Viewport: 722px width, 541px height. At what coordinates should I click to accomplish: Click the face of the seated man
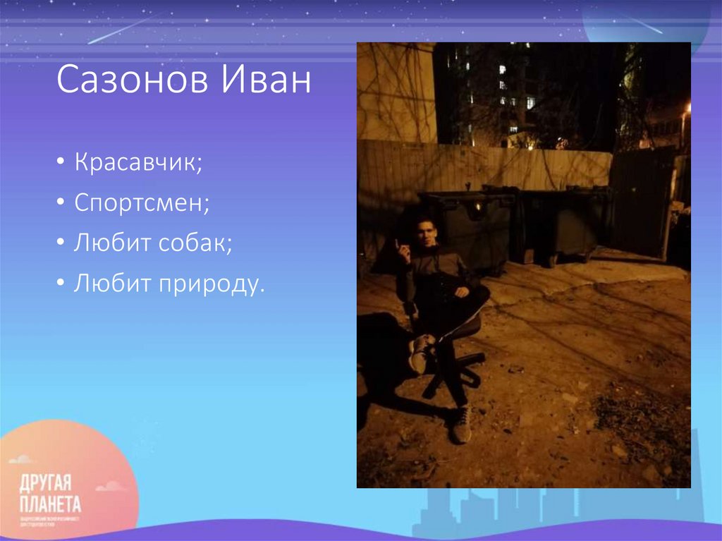pos(426,232)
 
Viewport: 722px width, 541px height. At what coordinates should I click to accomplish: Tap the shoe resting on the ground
pos(462,424)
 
